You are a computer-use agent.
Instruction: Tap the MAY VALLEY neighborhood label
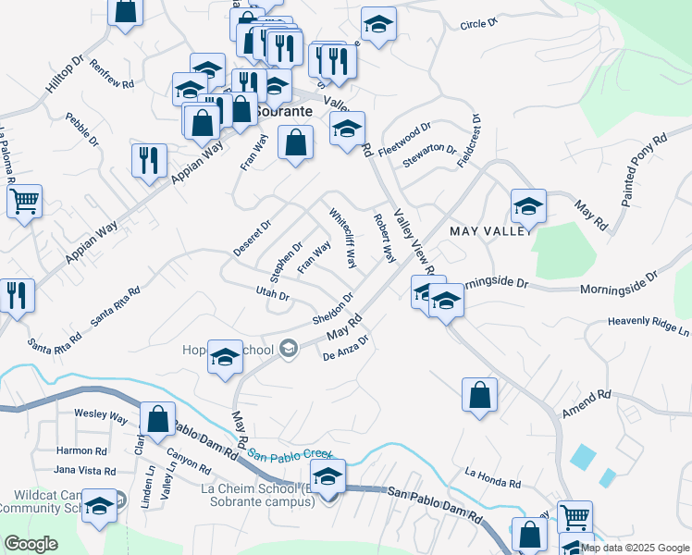[x=490, y=229]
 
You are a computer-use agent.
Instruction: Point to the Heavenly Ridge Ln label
[x=649, y=326]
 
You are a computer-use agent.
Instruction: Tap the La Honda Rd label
[x=493, y=478]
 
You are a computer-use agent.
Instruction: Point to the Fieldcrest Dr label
[x=468, y=141]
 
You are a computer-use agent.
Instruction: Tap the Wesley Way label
[x=101, y=415]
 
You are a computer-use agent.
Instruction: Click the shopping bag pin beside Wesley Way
[x=157, y=418]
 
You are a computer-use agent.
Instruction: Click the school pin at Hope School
[x=225, y=357]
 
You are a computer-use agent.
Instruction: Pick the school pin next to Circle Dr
[x=378, y=25]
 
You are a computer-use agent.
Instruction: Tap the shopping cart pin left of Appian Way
[x=25, y=200]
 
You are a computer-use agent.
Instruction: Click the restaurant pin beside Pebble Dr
[x=149, y=160]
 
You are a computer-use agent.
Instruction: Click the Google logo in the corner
[x=31, y=544]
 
